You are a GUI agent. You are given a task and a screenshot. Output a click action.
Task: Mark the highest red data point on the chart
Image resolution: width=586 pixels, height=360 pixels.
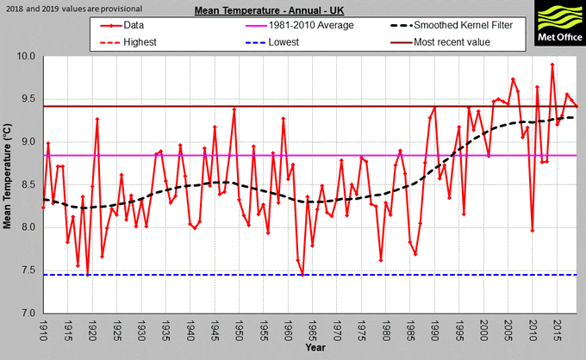[x=552, y=65]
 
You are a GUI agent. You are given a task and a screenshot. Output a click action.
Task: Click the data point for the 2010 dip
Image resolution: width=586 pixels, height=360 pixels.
[x=533, y=231]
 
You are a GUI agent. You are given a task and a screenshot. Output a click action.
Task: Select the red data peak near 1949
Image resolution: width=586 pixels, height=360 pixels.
[x=234, y=109]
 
